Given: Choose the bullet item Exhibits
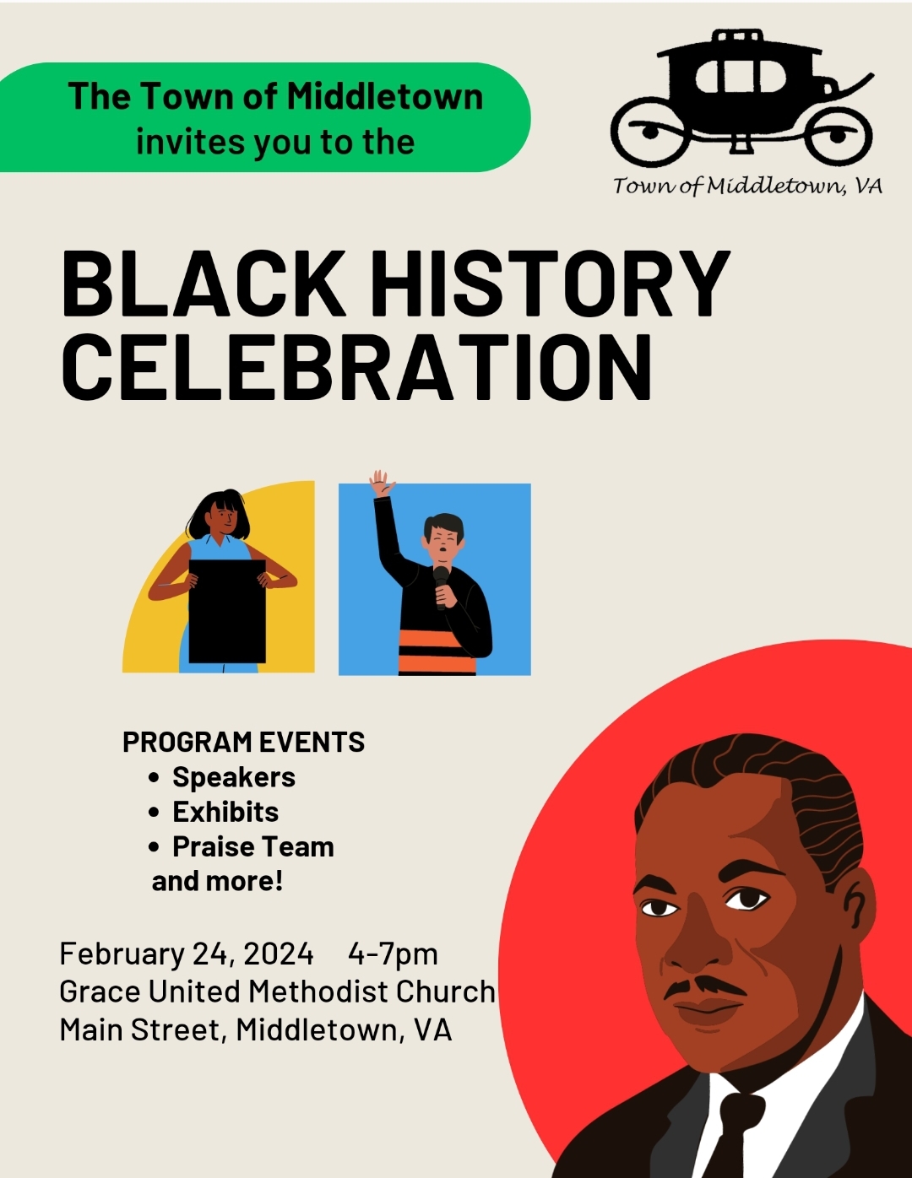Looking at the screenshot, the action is (225, 812).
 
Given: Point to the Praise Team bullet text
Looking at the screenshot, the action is (253, 846).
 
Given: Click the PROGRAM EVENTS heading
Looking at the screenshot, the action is (243, 742).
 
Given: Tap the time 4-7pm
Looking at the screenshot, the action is (393, 954).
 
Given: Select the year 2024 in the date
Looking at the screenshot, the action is (279, 954).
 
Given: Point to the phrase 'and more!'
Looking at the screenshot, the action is (218, 881).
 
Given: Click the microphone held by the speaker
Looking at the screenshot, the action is (441, 586).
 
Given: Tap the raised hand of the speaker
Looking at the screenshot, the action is (383, 484).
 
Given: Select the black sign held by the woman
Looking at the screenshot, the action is (227, 612).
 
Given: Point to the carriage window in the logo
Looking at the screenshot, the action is (741, 77).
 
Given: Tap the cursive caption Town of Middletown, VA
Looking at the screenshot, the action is (747, 186).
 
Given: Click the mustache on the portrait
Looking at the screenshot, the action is (705, 986).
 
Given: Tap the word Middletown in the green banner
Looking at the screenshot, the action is (385, 96).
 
